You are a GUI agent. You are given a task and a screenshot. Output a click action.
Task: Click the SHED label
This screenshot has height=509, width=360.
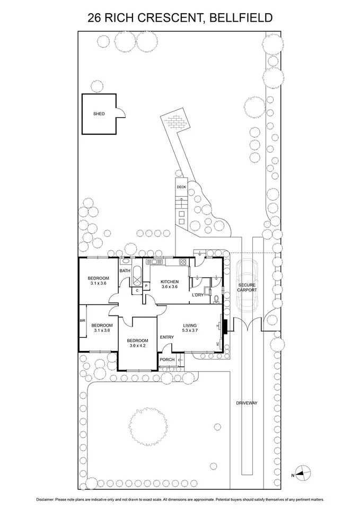(x=99, y=113)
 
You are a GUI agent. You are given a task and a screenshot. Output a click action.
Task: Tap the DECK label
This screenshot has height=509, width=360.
(x=181, y=187)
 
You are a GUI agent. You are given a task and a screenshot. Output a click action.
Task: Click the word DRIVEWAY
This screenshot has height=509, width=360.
(x=247, y=403)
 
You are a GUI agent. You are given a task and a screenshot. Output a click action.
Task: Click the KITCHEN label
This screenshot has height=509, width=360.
(x=170, y=282)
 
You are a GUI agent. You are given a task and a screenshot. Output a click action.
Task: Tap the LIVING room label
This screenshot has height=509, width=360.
(x=190, y=326)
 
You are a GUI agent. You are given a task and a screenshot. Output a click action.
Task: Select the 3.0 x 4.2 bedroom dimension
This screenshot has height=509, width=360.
(x=137, y=346)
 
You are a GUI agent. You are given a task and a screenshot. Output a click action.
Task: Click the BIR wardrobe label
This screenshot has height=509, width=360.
(x=82, y=321)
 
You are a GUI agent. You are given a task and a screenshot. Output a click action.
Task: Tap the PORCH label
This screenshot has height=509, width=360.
(x=167, y=360)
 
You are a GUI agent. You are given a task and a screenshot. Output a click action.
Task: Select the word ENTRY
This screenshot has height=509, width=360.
(x=166, y=337)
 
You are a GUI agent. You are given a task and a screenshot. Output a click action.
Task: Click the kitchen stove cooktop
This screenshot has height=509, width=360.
(x=182, y=261)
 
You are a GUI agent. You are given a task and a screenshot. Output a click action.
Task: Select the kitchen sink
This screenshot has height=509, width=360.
(x=156, y=261)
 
